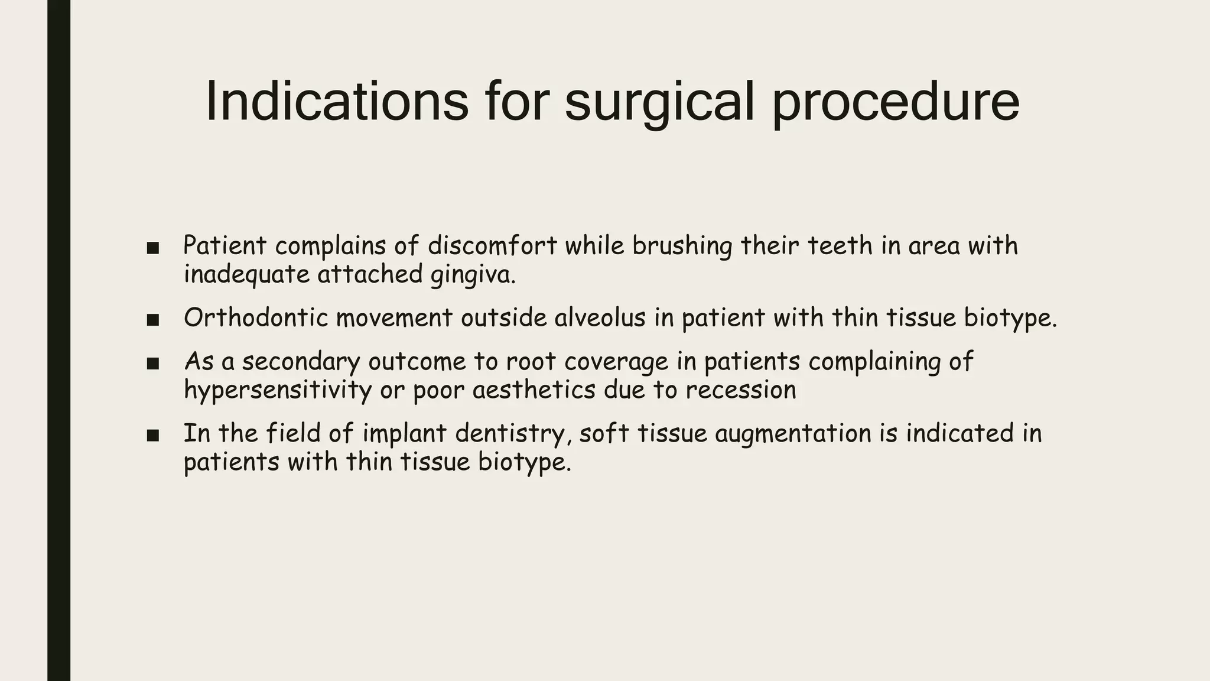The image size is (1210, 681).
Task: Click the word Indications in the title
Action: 337,102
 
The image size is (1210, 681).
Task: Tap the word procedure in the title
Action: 896,102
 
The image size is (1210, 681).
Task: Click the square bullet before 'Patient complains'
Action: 153,248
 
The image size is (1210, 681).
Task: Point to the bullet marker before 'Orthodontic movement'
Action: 153,320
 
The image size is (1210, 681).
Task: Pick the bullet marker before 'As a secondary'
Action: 153,364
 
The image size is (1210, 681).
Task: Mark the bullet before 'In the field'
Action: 153,436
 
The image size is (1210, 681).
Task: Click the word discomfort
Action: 492,246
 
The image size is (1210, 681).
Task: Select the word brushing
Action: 682,246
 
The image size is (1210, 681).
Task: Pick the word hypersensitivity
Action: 278,390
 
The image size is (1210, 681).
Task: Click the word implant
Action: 404,433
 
